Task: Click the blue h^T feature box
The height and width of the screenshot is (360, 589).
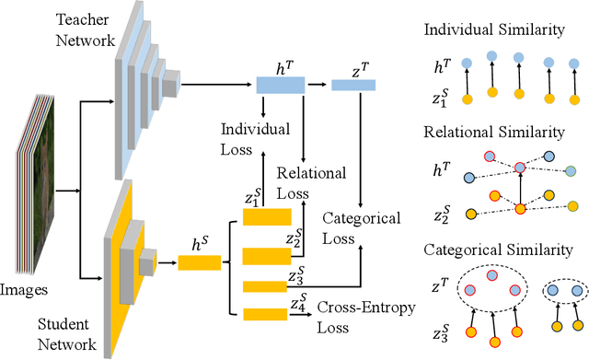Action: [280, 86]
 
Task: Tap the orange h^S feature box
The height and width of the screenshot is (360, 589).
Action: [199, 262]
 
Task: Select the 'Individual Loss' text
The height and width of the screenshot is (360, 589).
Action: [254, 138]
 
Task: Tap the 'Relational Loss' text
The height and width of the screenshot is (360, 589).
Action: [311, 182]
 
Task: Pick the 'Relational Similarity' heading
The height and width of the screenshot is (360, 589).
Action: [493, 132]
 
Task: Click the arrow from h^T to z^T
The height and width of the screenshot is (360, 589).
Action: [318, 86]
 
